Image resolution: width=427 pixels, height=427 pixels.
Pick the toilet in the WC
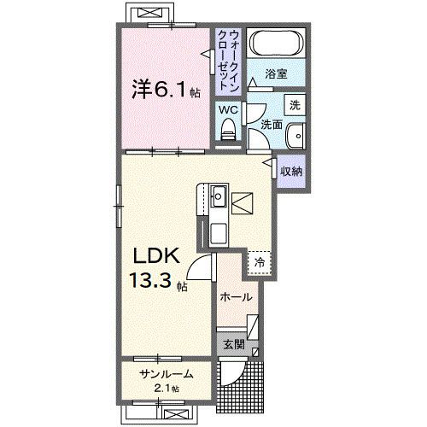point(227,128)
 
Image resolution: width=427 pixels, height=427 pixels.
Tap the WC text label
point(227,108)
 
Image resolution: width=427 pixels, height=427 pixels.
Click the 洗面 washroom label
point(272,125)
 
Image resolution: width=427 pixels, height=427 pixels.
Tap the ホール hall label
point(235,297)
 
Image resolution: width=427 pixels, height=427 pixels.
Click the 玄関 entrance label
point(235,345)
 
